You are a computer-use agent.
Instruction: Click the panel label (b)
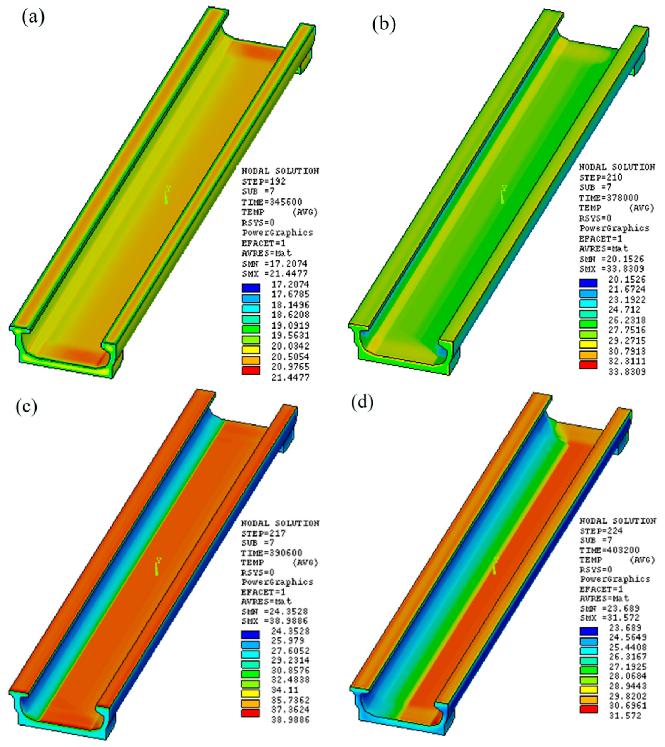pyautogui.click(x=384, y=25)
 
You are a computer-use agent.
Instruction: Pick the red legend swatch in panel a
pyautogui.click(x=251, y=370)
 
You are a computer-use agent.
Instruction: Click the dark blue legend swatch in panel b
pyautogui.click(x=588, y=283)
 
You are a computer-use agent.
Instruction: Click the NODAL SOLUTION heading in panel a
pyautogui.click(x=280, y=171)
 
